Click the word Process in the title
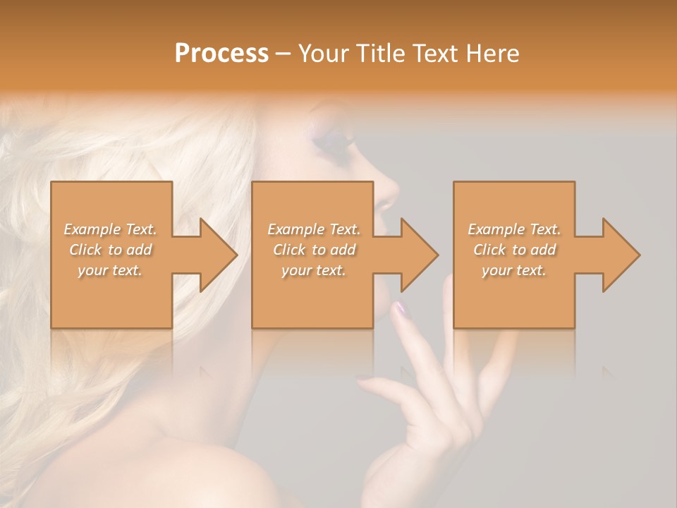pyautogui.click(x=221, y=54)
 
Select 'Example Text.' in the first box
pyautogui.click(x=110, y=229)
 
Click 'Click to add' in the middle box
pyautogui.click(x=314, y=250)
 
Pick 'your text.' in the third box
pyautogui.click(x=513, y=270)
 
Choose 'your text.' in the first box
pyautogui.click(x=110, y=270)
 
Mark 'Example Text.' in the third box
pyautogui.click(x=513, y=229)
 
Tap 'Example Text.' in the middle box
pyautogui.click(x=314, y=229)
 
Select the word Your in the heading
pyautogui.click(x=322, y=54)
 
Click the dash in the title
pyautogui.click(x=283, y=55)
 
